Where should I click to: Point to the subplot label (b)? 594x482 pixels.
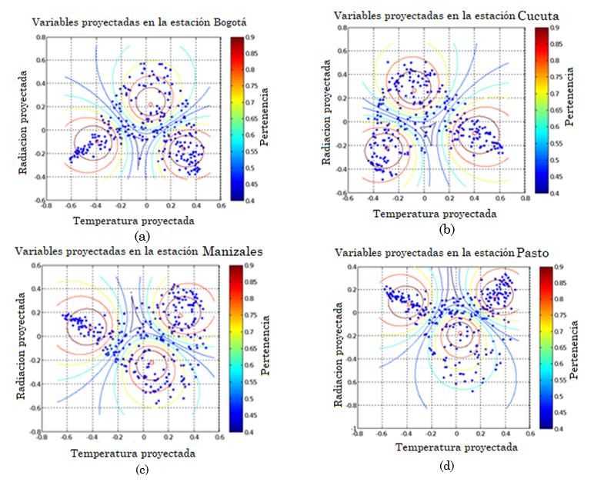click(x=444, y=230)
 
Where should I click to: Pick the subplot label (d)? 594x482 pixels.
click(x=444, y=464)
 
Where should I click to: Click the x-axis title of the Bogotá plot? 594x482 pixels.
click(x=133, y=221)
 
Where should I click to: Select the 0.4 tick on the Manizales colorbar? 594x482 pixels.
click(x=252, y=433)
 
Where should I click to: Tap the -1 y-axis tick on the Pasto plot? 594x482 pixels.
click(x=348, y=428)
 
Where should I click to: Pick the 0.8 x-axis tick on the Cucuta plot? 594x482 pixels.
click(x=525, y=199)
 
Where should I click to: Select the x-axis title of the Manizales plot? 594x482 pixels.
click(x=132, y=454)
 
